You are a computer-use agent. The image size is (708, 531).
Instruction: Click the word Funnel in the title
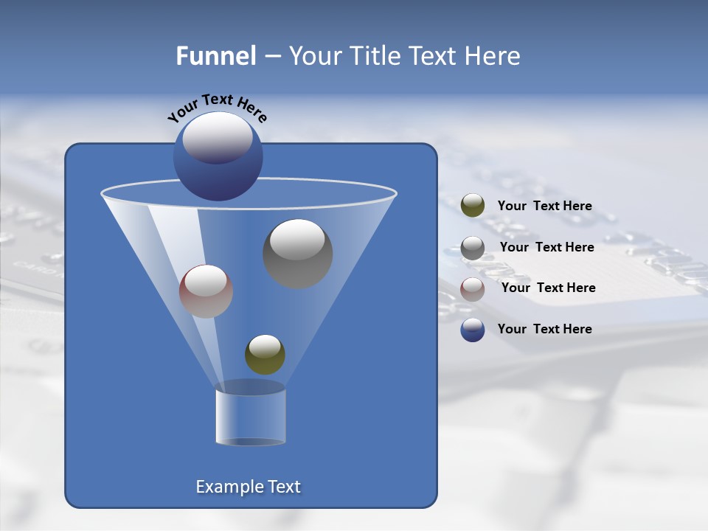[215, 56]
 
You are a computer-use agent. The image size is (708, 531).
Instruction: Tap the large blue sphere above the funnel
[218, 157]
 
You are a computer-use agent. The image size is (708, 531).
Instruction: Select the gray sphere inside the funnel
[297, 254]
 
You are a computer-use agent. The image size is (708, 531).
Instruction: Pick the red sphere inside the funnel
[206, 291]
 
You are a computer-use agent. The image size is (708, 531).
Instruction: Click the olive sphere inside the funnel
[265, 355]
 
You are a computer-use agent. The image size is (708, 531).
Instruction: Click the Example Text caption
[248, 487]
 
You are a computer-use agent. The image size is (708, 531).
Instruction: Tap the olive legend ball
[473, 206]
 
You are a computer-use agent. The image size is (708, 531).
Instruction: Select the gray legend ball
[473, 248]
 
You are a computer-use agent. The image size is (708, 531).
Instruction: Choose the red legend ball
[473, 289]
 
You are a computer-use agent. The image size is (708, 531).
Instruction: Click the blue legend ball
[473, 330]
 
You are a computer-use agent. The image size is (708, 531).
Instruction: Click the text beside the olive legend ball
[544, 206]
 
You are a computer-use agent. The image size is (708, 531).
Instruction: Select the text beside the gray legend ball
[546, 248]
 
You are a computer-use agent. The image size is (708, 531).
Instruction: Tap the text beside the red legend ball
[548, 288]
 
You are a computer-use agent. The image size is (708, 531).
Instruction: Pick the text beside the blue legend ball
[544, 329]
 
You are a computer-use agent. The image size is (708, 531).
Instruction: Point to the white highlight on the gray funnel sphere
[297, 240]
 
